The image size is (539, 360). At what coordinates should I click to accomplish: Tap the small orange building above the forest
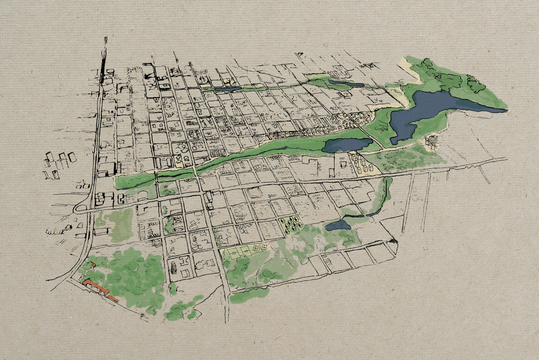pos(94,265)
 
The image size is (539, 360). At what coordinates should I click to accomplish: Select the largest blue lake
pos(427,112)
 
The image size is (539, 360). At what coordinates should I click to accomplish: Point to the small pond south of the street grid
pos(338,225)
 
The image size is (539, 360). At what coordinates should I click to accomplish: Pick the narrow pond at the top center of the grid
pos(227,89)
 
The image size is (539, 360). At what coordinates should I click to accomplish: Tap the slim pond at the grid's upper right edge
pos(346,84)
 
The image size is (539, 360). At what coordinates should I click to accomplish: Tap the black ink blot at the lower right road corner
pos(394,241)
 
